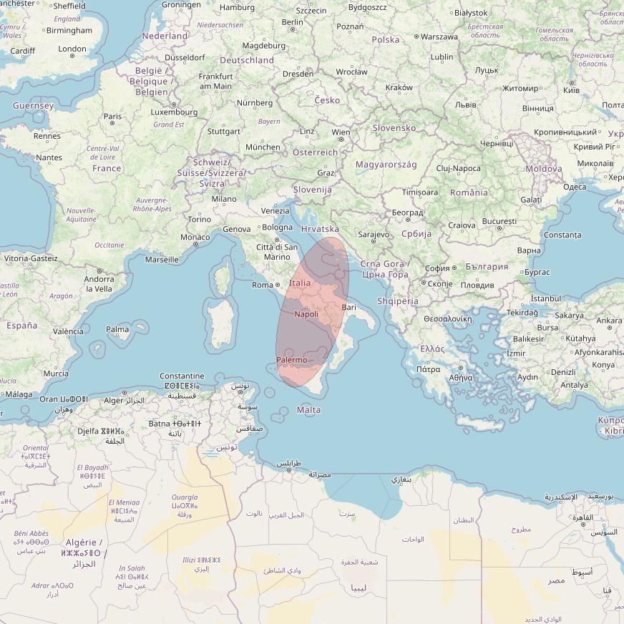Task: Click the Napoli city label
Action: [x=306, y=314]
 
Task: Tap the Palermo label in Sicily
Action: [x=291, y=359]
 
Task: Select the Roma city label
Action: [x=263, y=285]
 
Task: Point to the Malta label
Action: [x=308, y=410]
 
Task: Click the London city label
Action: [x=72, y=49]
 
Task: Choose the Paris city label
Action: [x=112, y=116]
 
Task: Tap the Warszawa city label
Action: [x=439, y=36]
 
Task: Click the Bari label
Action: [x=349, y=307]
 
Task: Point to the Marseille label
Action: [x=162, y=260]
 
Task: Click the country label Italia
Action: [x=299, y=283]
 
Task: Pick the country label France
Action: [x=107, y=168]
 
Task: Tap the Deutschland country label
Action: [x=247, y=60]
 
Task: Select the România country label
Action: [x=469, y=192]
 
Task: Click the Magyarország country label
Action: [x=386, y=165]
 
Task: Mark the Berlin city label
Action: [x=292, y=22]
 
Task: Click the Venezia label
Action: [x=276, y=210]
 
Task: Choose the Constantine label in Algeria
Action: [x=182, y=376]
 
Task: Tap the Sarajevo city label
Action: [x=374, y=234]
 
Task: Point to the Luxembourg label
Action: [x=175, y=112]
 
